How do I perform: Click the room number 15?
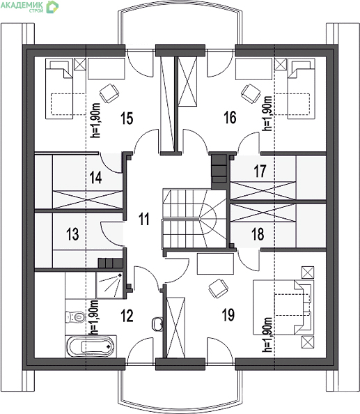[127, 118]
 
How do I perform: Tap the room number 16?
[230, 118]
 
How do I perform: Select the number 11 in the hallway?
[144, 219]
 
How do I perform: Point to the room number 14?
[95, 177]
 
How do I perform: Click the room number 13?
[72, 234]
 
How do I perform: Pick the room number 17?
[260, 171]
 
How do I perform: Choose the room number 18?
[258, 234]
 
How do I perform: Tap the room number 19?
[228, 315]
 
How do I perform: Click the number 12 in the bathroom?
[127, 316]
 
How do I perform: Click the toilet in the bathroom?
[75, 317]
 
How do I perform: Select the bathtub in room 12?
[91, 346]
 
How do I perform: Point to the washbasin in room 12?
[157, 323]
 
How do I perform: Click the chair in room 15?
[109, 93]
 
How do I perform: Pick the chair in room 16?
[251, 93]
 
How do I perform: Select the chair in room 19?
[218, 289]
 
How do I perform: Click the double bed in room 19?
[283, 307]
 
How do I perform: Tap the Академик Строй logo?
[29, 6]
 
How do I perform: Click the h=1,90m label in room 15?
[95, 120]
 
